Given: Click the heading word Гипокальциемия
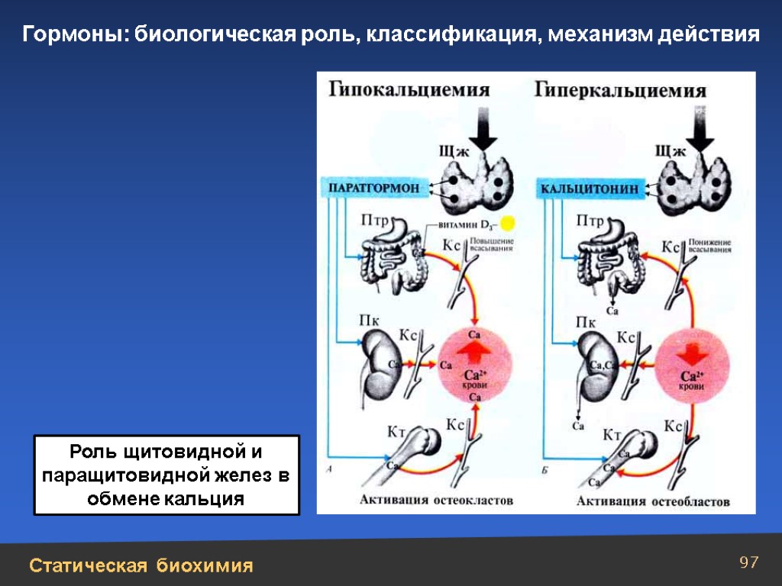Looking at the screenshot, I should pyautogui.click(x=409, y=90).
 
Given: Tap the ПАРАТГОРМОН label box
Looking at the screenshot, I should pyautogui.click(x=373, y=188).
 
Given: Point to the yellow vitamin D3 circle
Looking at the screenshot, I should pyautogui.click(x=508, y=224).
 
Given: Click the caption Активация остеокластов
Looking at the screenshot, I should pyautogui.click(x=436, y=501).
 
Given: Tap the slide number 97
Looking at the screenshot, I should pyautogui.click(x=749, y=563).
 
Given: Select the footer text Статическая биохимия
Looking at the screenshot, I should pyautogui.click(x=141, y=565).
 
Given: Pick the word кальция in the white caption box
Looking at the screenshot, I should pyautogui.click(x=205, y=499).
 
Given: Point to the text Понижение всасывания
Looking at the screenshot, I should pyautogui.click(x=709, y=246).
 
